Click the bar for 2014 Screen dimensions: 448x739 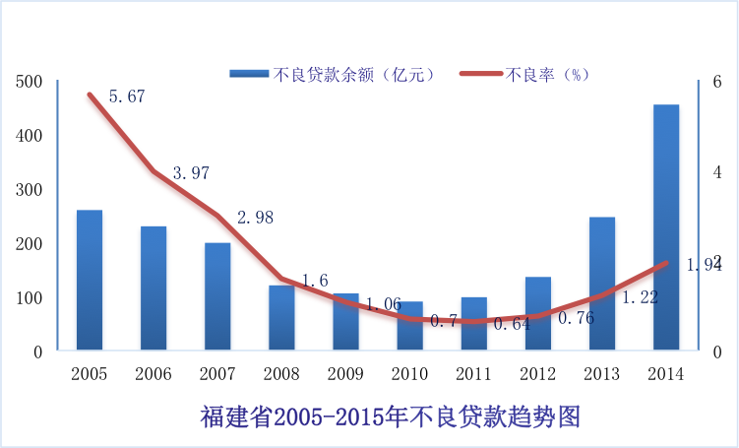(x=666, y=226)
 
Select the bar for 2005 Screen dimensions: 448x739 (x=90, y=280)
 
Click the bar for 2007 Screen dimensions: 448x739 (x=217, y=295)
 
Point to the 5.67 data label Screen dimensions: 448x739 (x=127, y=96)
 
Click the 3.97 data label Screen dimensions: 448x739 (x=191, y=173)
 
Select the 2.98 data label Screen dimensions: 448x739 (x=255, y=218)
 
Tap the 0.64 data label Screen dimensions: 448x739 (x=510, y=323)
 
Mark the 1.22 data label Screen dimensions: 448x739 (x=641, y=295)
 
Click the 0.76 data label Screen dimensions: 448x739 (x=576, y=318)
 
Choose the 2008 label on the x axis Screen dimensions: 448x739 (x=281, y=374)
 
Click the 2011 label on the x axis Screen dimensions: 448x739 (x=473, y=374)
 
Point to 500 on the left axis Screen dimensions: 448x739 (x=31, y=82)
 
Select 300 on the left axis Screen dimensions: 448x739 (x=31, y=190)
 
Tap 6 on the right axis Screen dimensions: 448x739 (x=716, y=82)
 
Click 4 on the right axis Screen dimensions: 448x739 (x=716, y=171)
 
